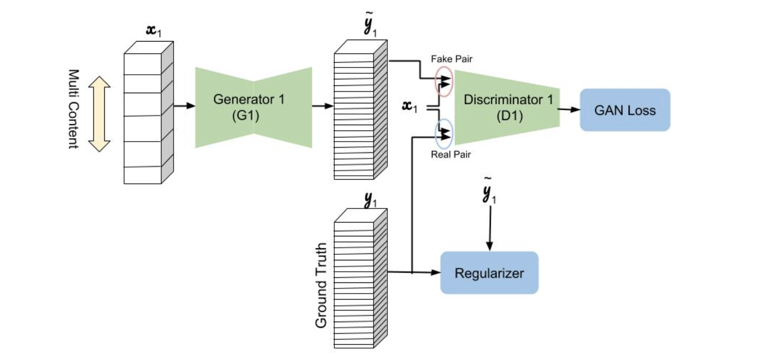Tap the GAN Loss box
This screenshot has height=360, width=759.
click(x=625, y=110)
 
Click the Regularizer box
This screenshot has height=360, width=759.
click(x=489, y=273)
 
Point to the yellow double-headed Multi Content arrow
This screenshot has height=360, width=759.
click(x=99, y=114)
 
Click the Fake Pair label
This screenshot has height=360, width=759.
click(x=452, y=59)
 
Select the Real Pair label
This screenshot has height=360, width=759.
click(x=451, y=155)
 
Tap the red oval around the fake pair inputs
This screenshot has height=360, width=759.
click(x=444, y=81)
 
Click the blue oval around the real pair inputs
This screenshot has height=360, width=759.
click(x=444, y=133)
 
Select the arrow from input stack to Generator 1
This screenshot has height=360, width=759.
click(x=184, y=106)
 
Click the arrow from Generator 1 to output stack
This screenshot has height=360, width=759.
click(x=323, y=106)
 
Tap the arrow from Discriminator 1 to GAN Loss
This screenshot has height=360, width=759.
click(x=570, y=109)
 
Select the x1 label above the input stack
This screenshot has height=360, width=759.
click(x=154, y=31)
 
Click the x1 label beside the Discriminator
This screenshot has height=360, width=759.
click(x=410, y=107)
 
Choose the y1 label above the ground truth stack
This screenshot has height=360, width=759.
click(x=370, y=200)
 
